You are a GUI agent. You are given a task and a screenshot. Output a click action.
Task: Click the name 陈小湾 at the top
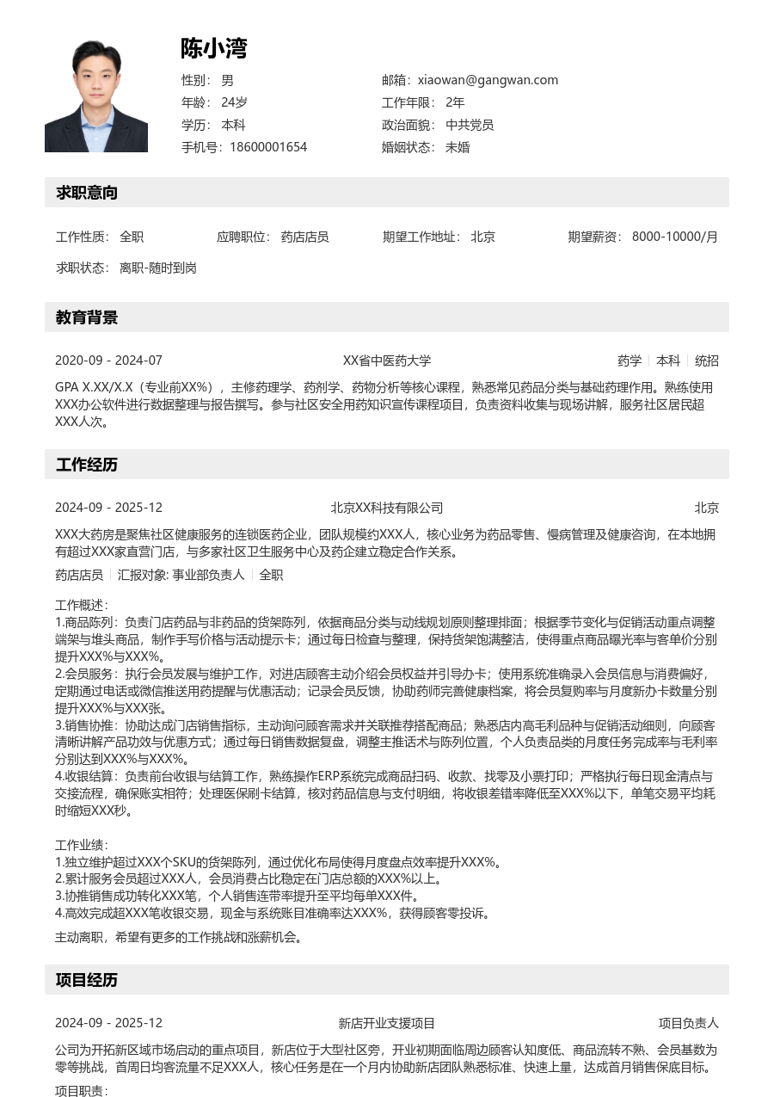pyautogui.click(x=213, y=49)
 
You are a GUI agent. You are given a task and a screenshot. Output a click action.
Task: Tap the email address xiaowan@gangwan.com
pyautogui.click(x=488, y=80)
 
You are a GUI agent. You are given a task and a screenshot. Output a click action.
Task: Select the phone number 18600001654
pyautogui.click(x=268, y=147)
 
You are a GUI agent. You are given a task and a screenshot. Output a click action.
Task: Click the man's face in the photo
pyautogui.click(x=95, y=76)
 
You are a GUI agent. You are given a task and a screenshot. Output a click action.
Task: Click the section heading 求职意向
pyautogui.click(x=87, y=193)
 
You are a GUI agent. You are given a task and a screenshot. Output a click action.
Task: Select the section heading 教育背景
pyautogui.click(x=87, y=317)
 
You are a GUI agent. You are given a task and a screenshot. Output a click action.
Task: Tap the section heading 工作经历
pyautogui.click(x=87, y=465)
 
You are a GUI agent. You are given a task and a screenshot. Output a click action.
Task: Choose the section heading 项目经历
pyautogui.click(x=87, y=980)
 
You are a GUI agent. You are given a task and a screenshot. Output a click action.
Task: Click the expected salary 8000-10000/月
pyautogui.click(x=674, y=237)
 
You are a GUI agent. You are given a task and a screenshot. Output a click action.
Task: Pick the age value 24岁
pyautogui.click(x=234, y=102)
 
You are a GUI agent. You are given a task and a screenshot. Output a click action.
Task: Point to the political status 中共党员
pyautogui.click(x=470, y=125)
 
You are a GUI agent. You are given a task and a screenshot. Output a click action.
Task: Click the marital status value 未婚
pyautogui.click(x=458, y=147)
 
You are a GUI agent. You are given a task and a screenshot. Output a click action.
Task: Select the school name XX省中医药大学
pyautogui.click(x=387, y=361)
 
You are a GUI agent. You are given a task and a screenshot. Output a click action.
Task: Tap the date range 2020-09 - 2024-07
pyautogui.click(x=108, y=361)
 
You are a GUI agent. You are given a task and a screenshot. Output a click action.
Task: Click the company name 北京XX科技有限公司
pyautogui.click(x=387, y=508)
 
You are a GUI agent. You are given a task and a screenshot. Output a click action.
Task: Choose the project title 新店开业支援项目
pyautogui.click(x=387, y=1023)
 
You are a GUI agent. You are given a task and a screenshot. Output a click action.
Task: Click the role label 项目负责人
pyautogui.click(x=688, y=1023)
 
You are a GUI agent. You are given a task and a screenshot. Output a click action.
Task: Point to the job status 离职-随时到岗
pyautogui.click(x=158, y=268)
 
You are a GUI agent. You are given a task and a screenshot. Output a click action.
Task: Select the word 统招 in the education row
pyautogui.click(x=707, y=361)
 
